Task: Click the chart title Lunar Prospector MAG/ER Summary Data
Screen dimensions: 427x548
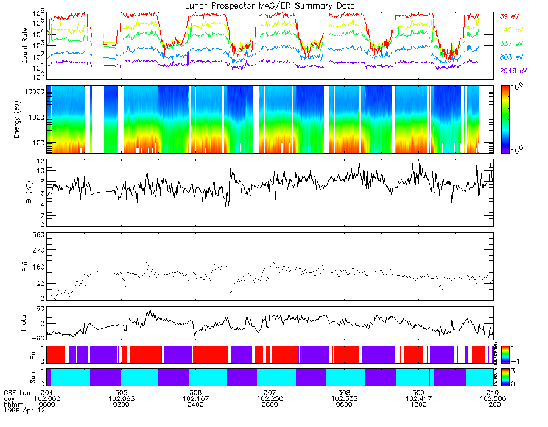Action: click(x=270, y=5)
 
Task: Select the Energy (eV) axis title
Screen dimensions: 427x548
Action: click(x=25, y=119)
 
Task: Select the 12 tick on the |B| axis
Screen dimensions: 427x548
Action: click(x=40, y=161)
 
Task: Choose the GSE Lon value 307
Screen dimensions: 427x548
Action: click(x=270, y=392)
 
